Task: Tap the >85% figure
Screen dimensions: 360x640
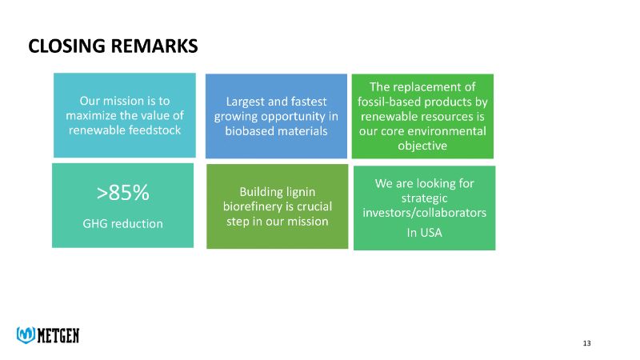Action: point(122,193)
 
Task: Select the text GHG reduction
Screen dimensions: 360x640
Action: point(122,223)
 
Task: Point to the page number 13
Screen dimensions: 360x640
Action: point(586,343)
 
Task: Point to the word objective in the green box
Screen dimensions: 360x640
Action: point(422,146)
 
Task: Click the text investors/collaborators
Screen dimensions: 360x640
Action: point(424,213)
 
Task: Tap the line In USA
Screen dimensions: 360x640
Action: point(424,233)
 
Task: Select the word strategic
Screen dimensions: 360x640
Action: point(424,198)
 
